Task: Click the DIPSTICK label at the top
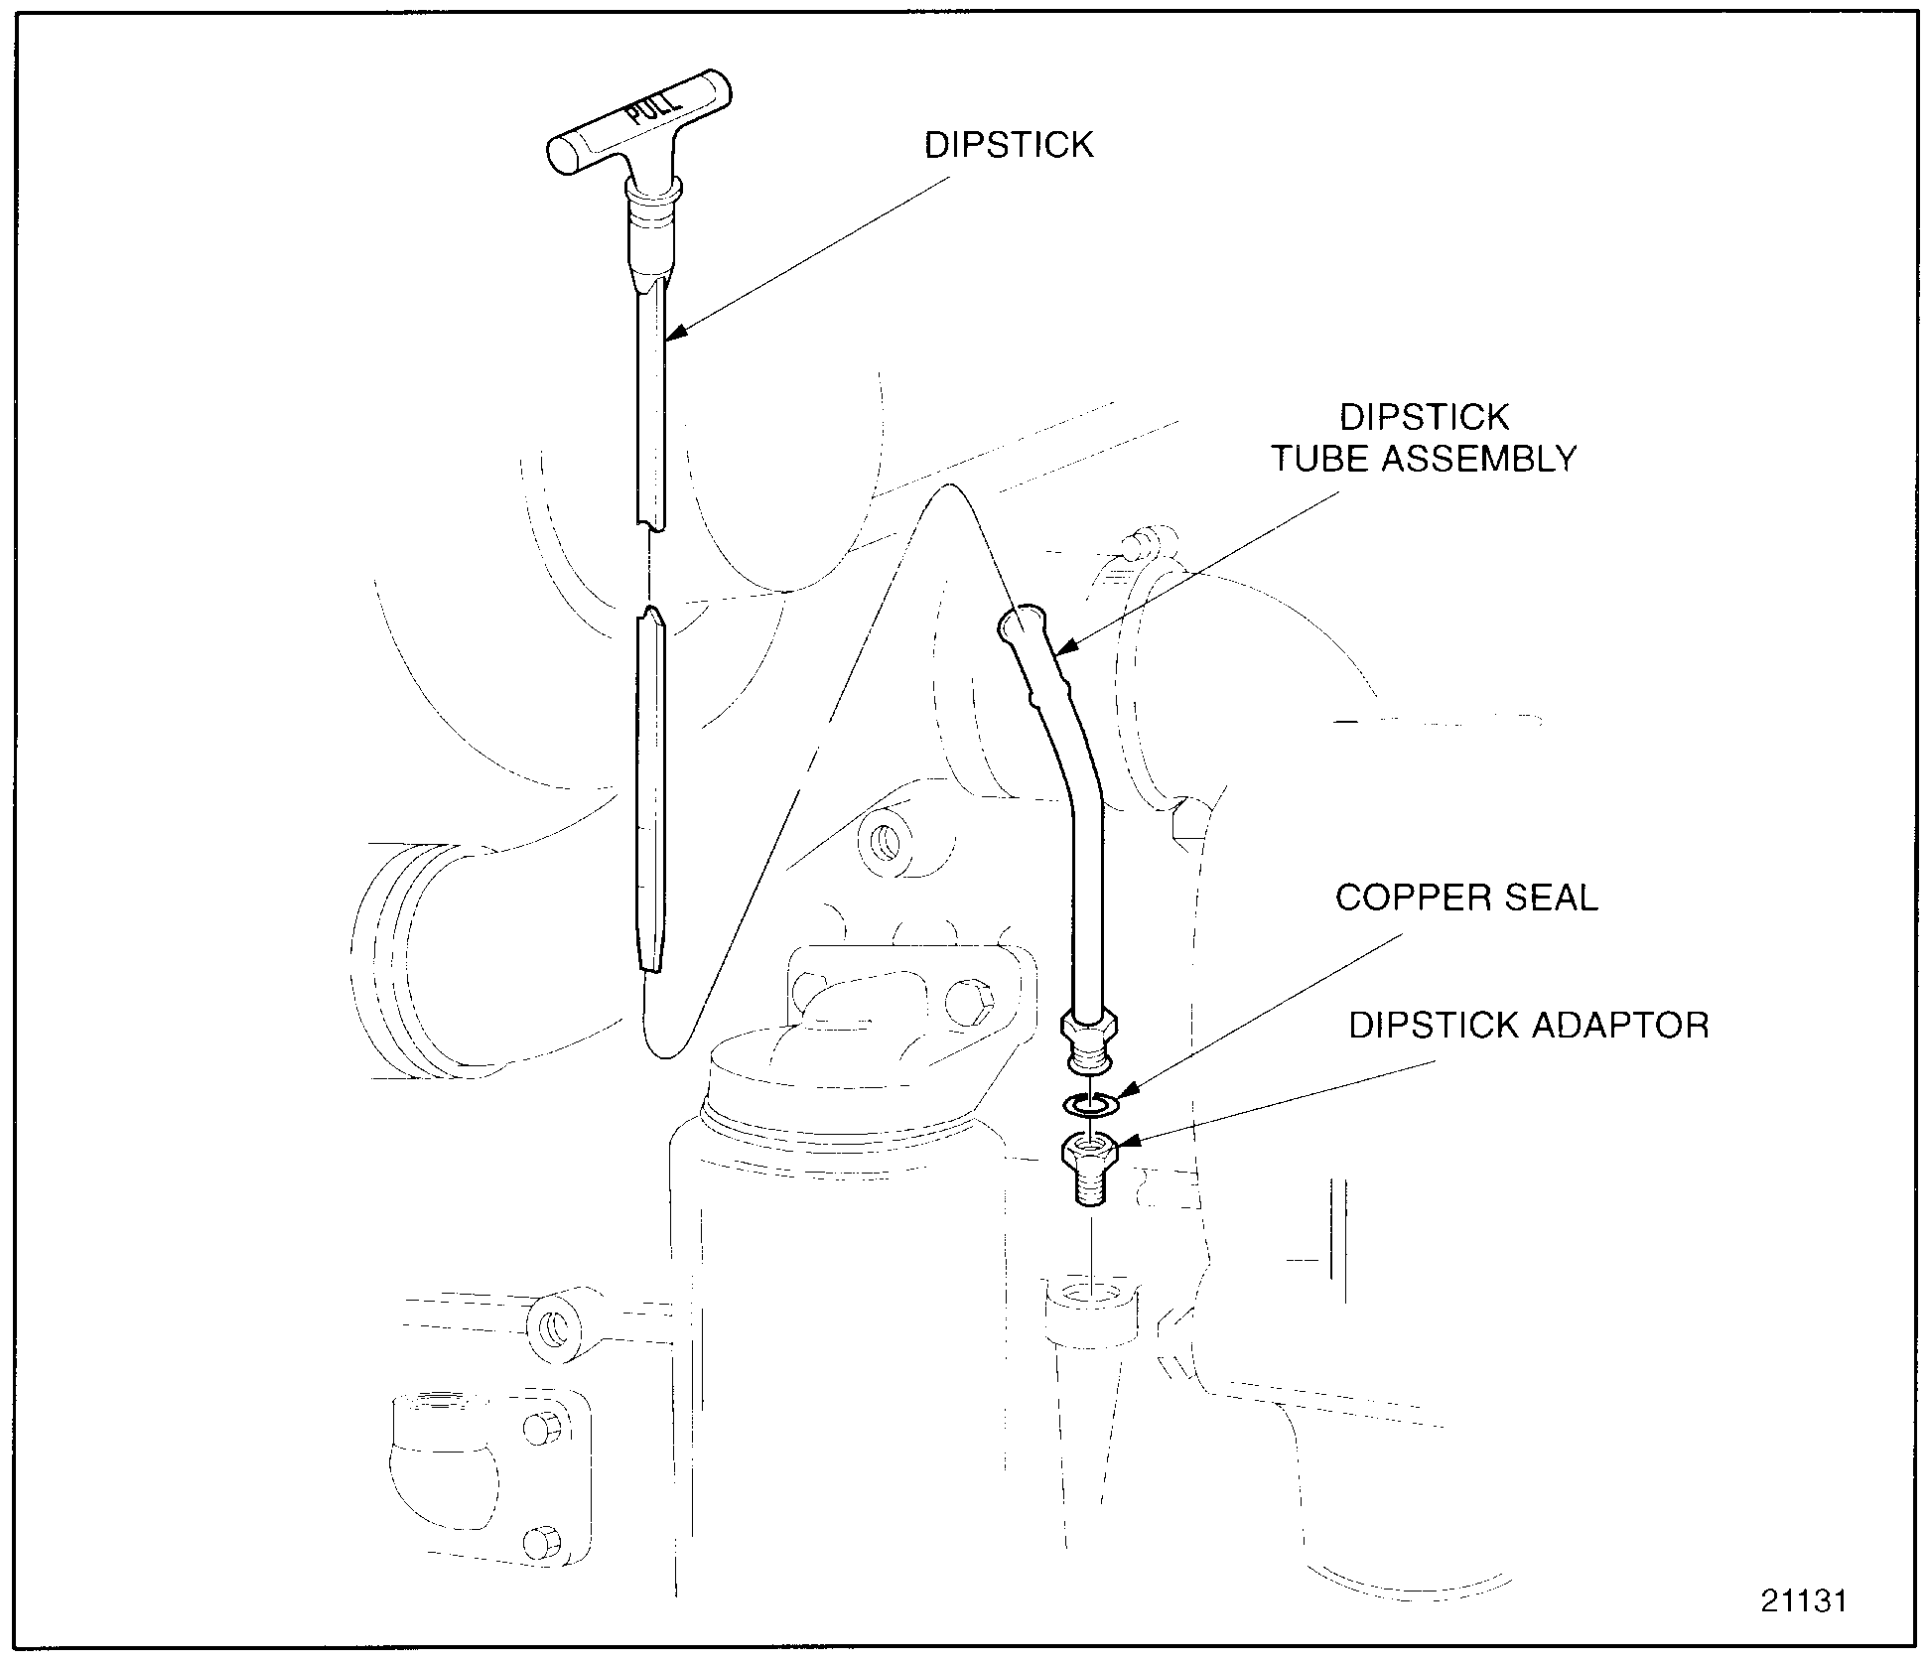tap(1008, 146)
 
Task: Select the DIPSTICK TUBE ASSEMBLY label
tap(1424, 438)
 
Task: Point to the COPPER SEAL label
tap(1466, 898)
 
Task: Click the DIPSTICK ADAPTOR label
tap(1529, 1025)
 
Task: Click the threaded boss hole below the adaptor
tap(1090, 1295)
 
